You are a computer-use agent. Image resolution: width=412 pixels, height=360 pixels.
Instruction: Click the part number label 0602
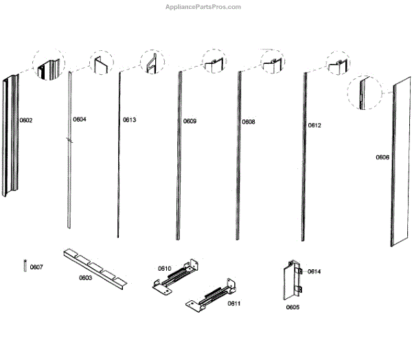pos(26,120)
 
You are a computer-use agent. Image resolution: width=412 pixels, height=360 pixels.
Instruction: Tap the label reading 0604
pos(80,120)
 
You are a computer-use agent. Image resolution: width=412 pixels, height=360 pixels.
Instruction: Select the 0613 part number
pos(130,120)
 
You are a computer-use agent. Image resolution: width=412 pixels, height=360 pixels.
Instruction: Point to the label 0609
pos(190,122)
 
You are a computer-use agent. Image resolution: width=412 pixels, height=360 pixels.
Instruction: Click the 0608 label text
pos(249,122)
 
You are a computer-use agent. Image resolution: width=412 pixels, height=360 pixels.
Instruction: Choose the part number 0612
pos(314,126)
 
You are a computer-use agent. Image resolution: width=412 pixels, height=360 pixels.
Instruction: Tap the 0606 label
pos(382,157)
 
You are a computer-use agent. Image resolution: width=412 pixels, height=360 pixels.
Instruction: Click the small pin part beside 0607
pos(25,265)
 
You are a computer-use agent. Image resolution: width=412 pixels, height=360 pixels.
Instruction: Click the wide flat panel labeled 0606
pos(400,165)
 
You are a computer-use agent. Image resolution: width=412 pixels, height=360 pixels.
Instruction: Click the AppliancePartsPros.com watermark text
pos(204,7)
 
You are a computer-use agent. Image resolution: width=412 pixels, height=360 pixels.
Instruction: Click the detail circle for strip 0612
pos(338,64)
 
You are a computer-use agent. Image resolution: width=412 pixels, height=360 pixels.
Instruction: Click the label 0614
pos(314,272)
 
